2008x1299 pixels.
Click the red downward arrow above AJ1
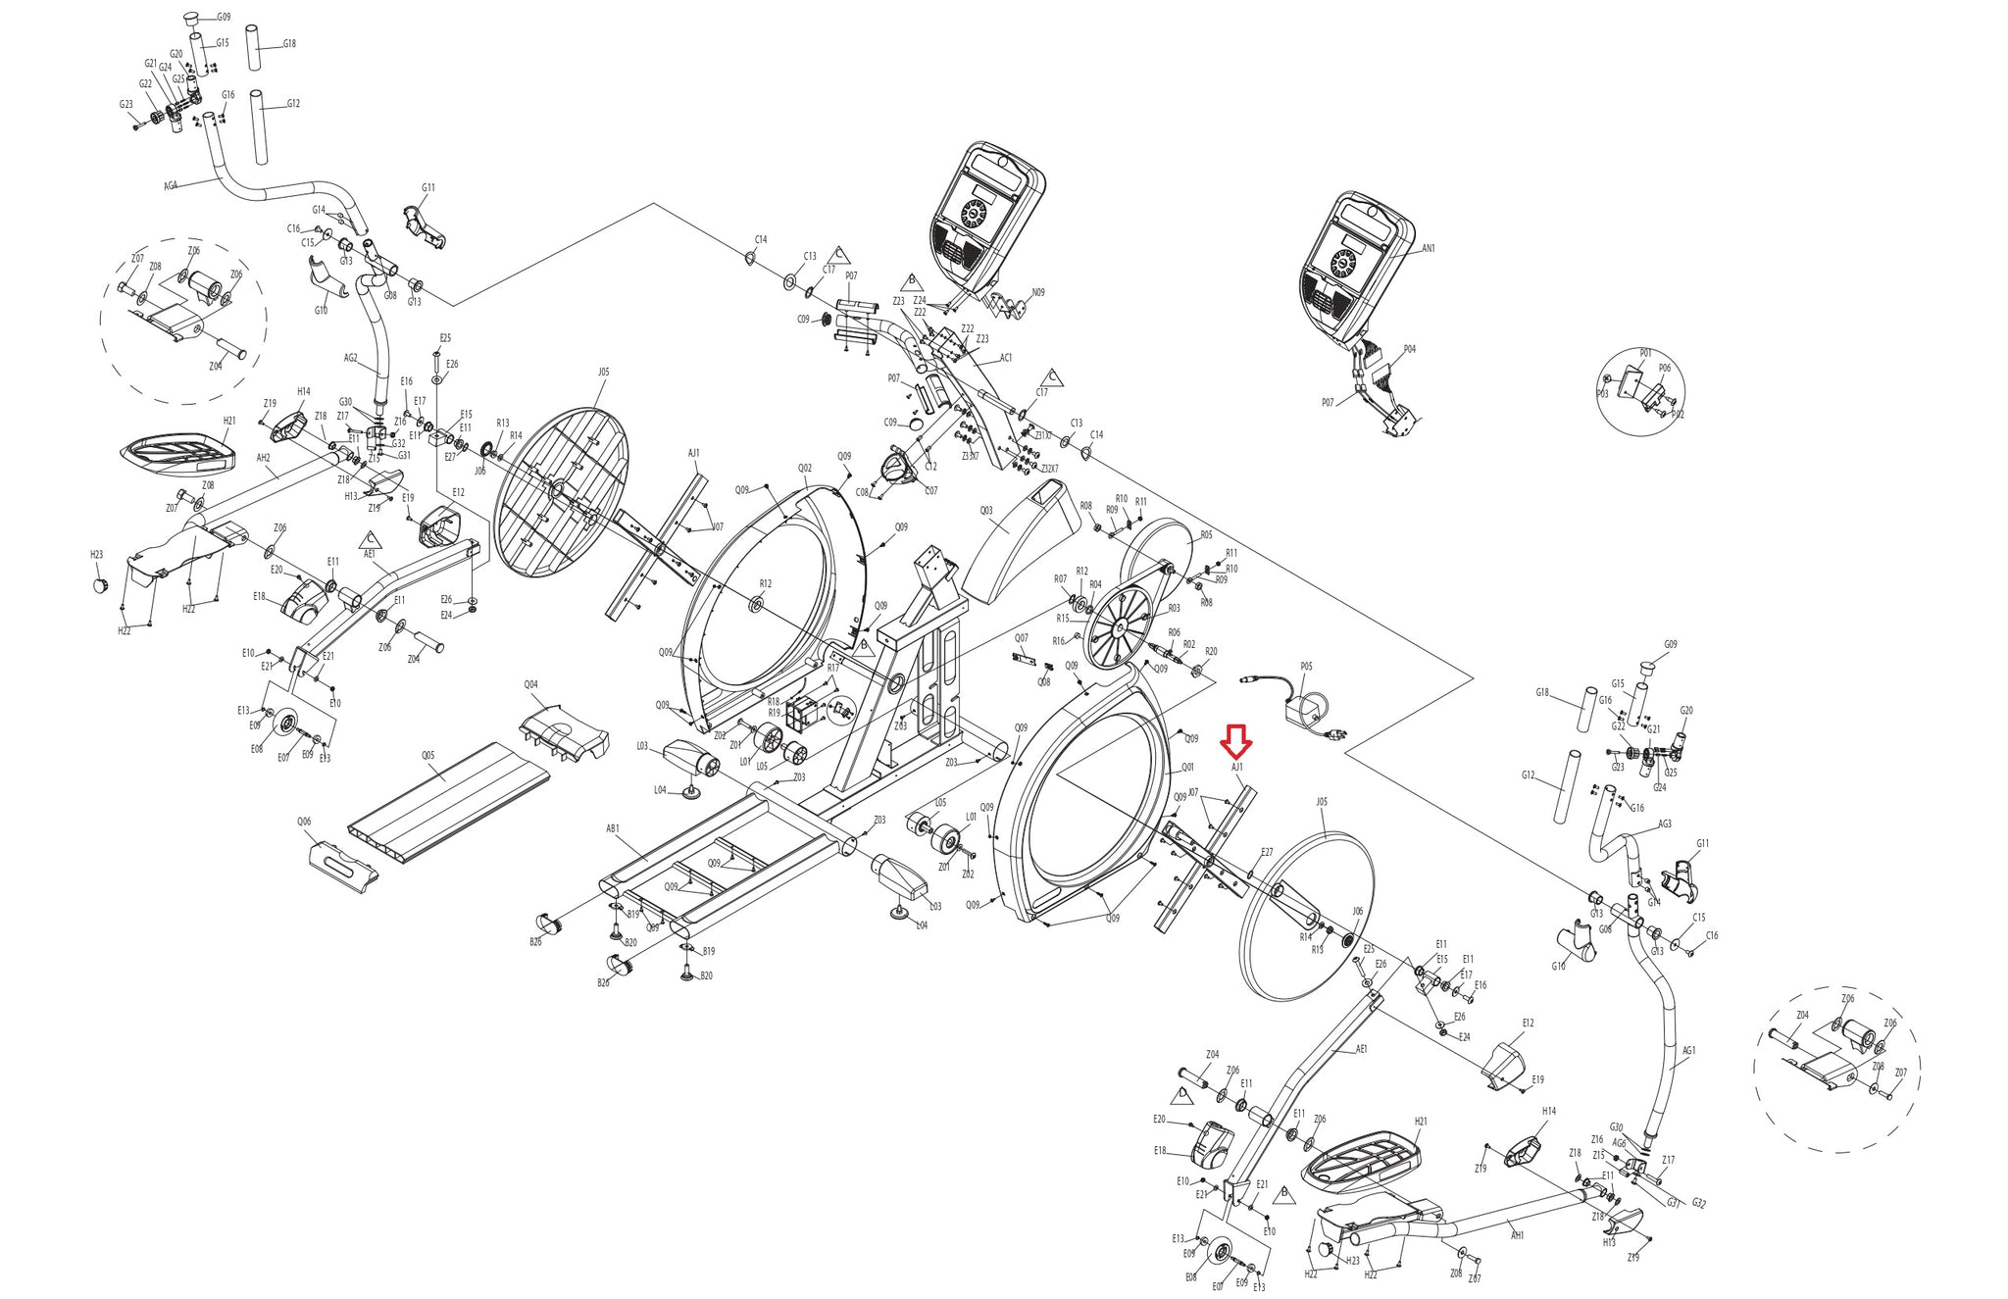point(1235,741)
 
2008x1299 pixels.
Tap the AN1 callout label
point(1428,249)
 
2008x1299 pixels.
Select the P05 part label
point(1306,667)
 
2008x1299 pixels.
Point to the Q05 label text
point(428,756)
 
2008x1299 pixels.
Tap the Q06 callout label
point(304,823)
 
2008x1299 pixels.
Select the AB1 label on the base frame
point(613,829)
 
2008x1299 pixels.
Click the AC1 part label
point(1006,359)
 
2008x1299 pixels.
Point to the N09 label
point(1038,293)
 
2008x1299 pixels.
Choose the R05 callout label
point(1206,535)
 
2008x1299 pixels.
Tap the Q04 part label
point(530,685)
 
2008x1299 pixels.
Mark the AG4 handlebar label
point(171,186)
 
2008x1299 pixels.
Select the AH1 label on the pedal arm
point(1517,1236)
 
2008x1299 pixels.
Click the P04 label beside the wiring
point(1409,349)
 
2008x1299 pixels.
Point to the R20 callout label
point(1211,652)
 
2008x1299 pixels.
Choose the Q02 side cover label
point(805,469)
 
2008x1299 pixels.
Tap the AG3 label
point(1665,824)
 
